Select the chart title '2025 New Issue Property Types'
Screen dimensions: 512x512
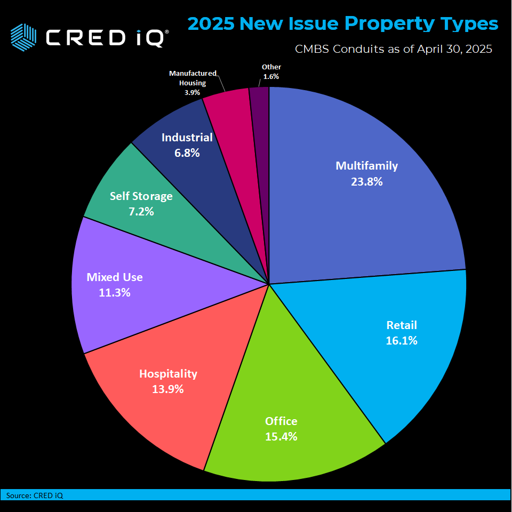(343, 23)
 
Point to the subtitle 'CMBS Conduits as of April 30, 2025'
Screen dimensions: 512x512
(393, 49)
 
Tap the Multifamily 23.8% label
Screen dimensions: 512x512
(366, 173)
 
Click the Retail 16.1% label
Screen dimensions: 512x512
(401, 333)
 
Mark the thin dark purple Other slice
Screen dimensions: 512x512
(260, 107)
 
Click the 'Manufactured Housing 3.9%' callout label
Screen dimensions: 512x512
(193, 82)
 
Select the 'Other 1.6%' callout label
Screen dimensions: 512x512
(271, 71)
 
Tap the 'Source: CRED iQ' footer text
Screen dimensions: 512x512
(35, 495)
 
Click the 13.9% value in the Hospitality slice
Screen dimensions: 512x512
(168, 389)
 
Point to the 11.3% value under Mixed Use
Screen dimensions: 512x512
(114, 292)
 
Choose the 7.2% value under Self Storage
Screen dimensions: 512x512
(141, 211)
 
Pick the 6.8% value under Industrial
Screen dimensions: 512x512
(187, 153)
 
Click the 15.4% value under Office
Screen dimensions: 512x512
(281, 436)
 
